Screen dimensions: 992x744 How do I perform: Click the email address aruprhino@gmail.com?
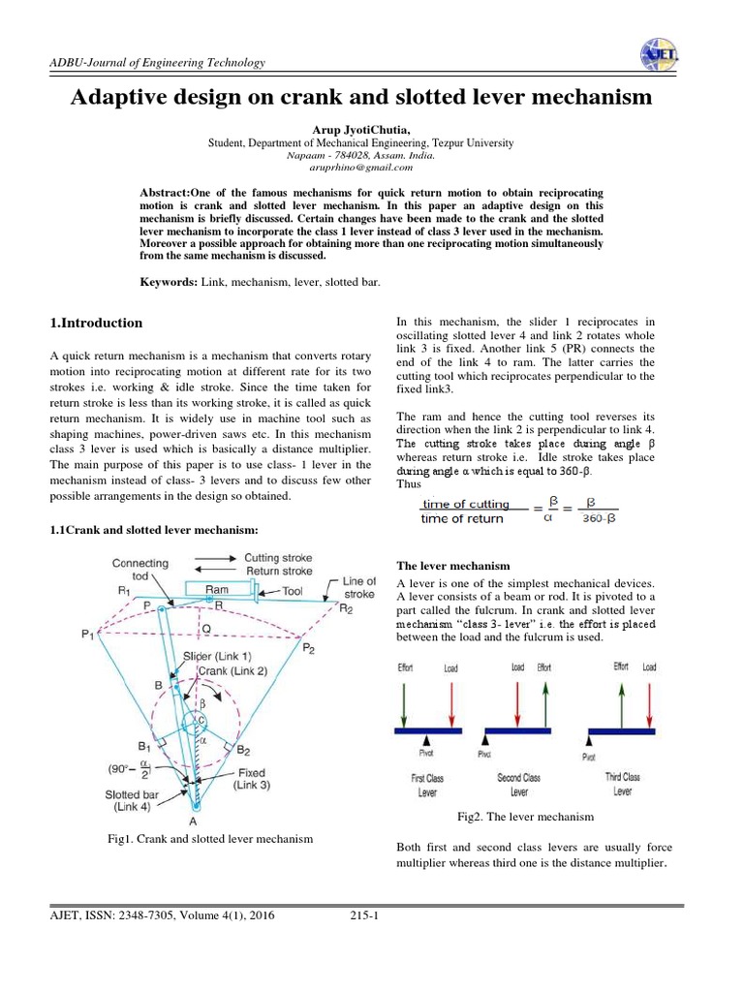(360, 167)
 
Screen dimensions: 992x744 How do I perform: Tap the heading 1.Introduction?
(96, 323)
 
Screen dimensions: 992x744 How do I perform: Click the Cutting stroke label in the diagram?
(278, 558)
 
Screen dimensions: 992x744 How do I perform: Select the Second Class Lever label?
(518, 784)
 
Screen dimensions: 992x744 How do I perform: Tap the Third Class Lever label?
(623, 783)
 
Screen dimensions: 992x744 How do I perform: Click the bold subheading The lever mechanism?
(454, 565)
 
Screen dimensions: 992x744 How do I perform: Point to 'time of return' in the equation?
(462, 518)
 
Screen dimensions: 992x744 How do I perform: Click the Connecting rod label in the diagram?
(140, 569)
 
